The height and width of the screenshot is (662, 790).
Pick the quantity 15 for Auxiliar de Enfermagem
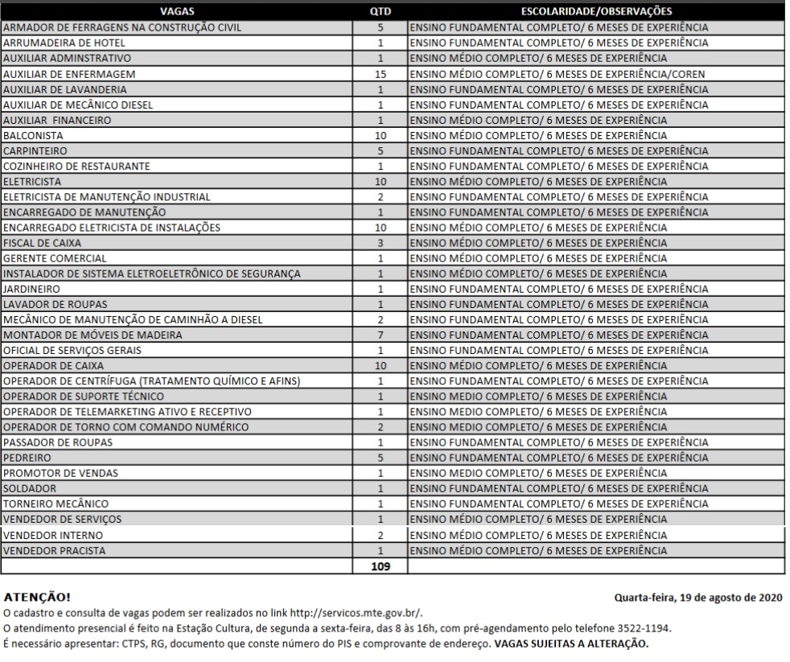pyautogui.click(x=380, y=74)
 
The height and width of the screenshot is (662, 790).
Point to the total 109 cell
pyautogui.click(x=380, y=566)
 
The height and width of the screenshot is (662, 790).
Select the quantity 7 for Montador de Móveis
pyautogui.click(x=380, y=335)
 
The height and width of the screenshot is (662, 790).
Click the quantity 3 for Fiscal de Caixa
pyautogui.click(x=380, y=243)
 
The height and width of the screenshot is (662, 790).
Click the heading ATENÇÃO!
pyautogui.click(x=37, y=598)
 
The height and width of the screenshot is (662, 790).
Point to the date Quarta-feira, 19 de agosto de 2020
pyautogui.click(x=699, y=598)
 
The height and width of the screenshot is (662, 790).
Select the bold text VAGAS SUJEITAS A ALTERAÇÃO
pyautogui.click(x=570, y=643)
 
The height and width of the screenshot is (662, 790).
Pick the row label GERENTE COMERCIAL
pyautogui.click(x=55, y=258)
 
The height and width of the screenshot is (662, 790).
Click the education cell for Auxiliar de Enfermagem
pyautogui.click(x=558, y=74)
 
